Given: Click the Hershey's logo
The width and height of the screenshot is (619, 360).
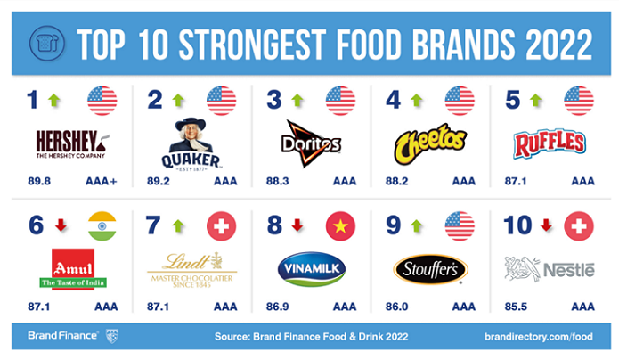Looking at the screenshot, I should [72, 142].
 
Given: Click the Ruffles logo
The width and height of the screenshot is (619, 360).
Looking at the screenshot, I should [550, 142].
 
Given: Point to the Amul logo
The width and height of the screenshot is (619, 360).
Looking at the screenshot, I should [72, 269].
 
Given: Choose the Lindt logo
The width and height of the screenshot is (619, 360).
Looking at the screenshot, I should [191, 267].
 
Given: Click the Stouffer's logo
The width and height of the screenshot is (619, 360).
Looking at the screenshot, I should [430, 267].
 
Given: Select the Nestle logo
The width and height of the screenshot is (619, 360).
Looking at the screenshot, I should [550, 267].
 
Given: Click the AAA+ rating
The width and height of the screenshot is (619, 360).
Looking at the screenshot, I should [102, 181].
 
